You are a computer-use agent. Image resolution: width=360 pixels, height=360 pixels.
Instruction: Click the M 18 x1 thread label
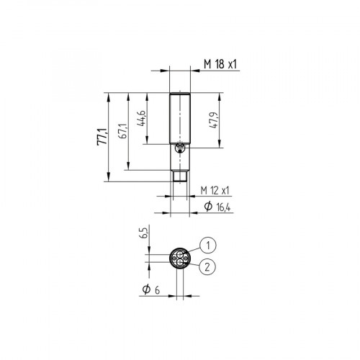coord(220,64)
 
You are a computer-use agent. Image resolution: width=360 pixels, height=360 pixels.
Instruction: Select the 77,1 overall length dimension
coord(102,135)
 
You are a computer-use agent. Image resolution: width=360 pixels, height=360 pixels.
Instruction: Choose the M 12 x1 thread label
coord(215,190)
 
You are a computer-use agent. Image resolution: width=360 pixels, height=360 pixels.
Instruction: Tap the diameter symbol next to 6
coord(146,289)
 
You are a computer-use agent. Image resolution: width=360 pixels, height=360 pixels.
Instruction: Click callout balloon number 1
coord(207,244)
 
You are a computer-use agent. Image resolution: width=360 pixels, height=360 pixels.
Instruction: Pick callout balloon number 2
coord(207,266)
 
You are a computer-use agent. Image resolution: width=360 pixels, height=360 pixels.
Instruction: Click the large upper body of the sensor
coord(180,119)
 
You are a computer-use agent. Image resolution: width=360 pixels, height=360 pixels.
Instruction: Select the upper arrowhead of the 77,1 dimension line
coord(107,95)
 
